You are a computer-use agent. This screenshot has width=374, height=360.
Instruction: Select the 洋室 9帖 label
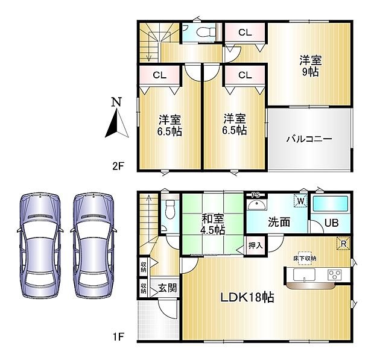pos(310,66)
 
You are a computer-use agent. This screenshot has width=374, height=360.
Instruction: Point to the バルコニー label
pos(309,139)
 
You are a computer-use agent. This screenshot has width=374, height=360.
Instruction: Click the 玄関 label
pos(167,288)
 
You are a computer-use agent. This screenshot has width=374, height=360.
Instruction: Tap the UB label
pos(331,223)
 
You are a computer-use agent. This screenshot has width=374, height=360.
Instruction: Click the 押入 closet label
pos(255,245)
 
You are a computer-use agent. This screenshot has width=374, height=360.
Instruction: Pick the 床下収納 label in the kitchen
pos(305,258)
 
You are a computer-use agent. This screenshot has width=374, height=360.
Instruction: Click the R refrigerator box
pos(343,244)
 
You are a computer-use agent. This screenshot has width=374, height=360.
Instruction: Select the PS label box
pos(255,194)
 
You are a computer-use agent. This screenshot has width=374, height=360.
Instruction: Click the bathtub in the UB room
pos(330,203)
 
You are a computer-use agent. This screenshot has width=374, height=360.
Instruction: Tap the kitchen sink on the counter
pos(305,275)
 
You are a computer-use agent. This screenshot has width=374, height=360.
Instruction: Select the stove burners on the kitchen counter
pos(334,275)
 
